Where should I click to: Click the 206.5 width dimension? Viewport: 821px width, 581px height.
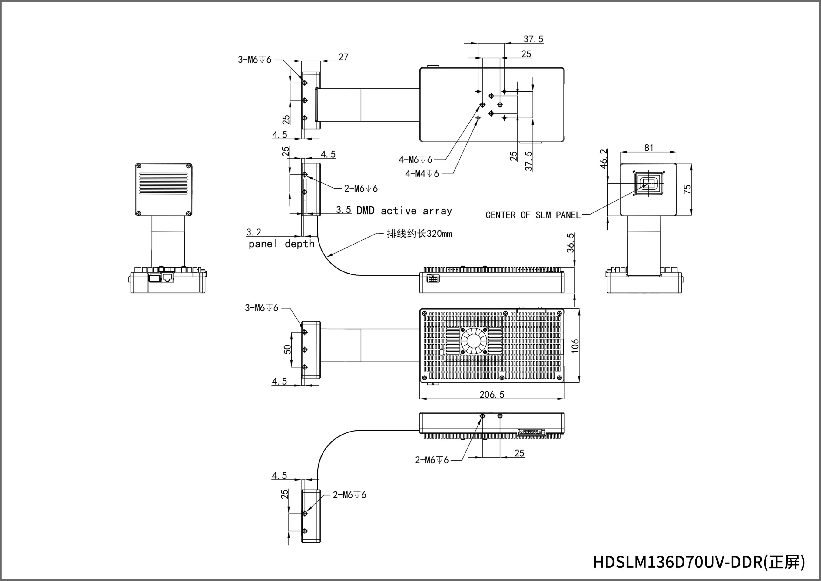492,394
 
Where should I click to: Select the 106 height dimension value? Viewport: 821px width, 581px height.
575,346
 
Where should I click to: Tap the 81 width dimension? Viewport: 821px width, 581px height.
649,147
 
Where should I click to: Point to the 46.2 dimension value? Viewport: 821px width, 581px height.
604,159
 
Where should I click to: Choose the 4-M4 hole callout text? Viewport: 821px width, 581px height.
422,174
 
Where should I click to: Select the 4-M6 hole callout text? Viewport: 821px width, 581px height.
415,159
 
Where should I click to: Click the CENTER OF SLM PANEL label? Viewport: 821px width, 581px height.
533,215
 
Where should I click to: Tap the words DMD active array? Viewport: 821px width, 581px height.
404,210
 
